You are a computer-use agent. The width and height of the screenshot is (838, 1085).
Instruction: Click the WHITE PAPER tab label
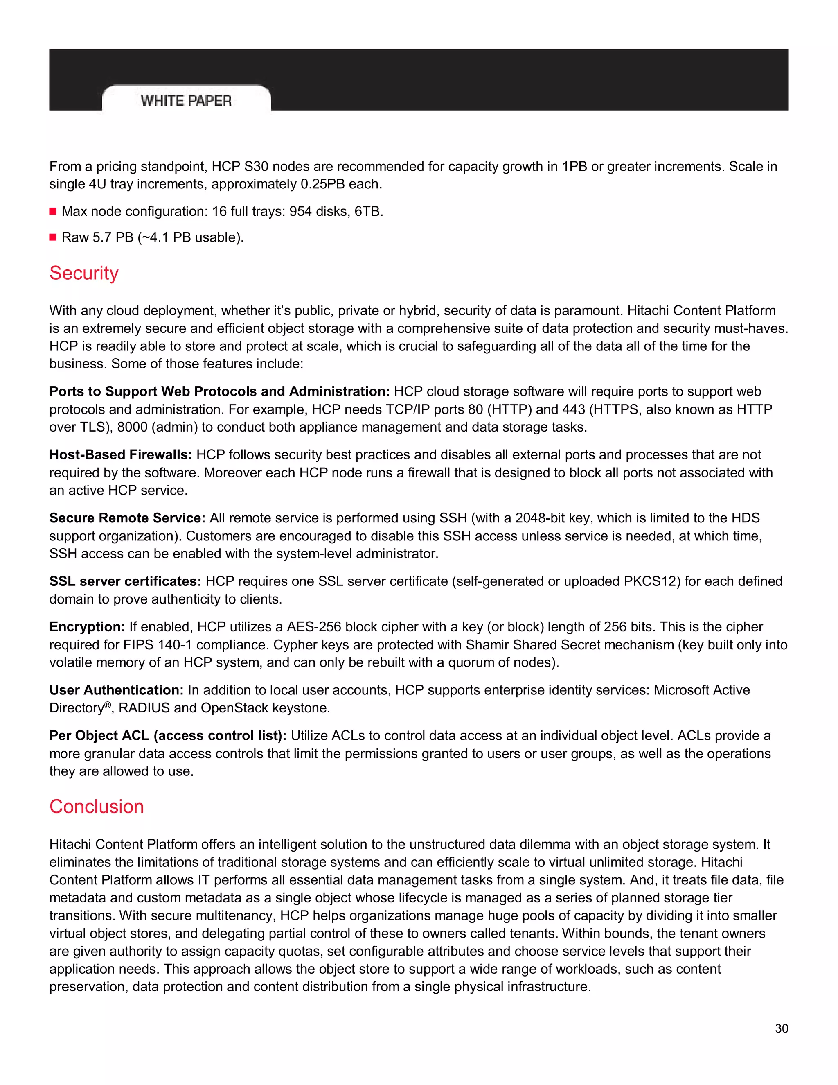point(186,101)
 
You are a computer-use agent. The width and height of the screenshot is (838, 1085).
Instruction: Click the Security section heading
point(84,273)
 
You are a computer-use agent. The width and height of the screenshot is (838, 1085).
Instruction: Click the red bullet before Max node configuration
point(53,212)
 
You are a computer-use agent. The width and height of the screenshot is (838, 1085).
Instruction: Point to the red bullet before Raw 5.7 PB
point(53,237)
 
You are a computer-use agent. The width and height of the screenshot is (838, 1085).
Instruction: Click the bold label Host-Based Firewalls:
point(121,454)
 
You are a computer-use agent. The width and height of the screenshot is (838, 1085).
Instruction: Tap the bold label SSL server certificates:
point(125,581)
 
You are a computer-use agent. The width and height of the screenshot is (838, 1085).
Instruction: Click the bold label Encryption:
point(87,626)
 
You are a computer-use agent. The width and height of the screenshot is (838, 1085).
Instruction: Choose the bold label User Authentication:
point(117,690)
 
